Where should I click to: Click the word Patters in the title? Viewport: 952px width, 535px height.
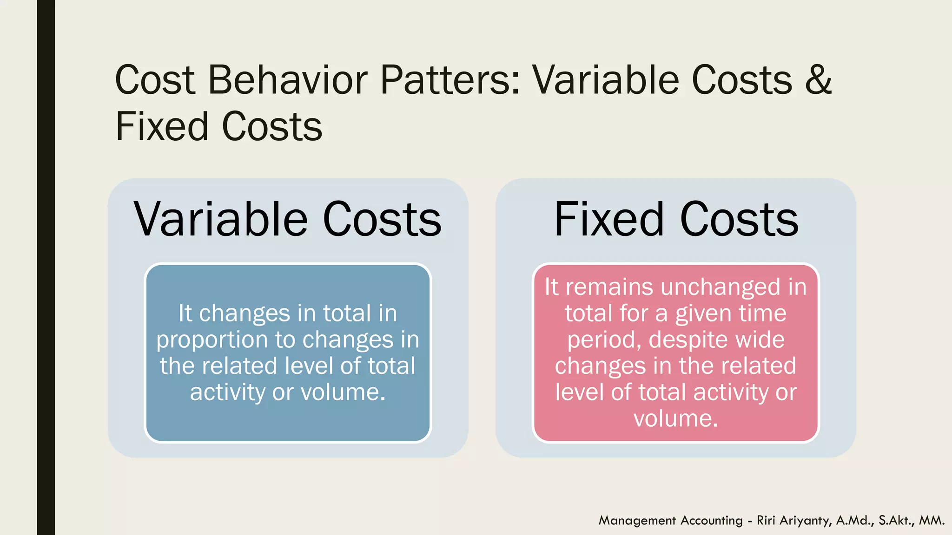(450, 80)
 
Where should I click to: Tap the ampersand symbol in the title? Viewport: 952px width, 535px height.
(818, 80)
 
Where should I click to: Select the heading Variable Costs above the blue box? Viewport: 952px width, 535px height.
(288, 219)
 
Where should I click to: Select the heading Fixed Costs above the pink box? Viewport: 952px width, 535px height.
(676, 219)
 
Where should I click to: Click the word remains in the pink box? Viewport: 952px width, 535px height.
(609, 287)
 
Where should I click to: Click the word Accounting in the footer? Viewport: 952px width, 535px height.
(712, 521)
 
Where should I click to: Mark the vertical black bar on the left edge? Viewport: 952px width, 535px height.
(46, 267)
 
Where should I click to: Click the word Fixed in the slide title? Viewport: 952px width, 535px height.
(161, 127)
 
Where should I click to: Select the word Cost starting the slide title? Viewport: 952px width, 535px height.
(155, 80)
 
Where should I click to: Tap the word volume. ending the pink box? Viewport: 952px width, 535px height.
(676, 418)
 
